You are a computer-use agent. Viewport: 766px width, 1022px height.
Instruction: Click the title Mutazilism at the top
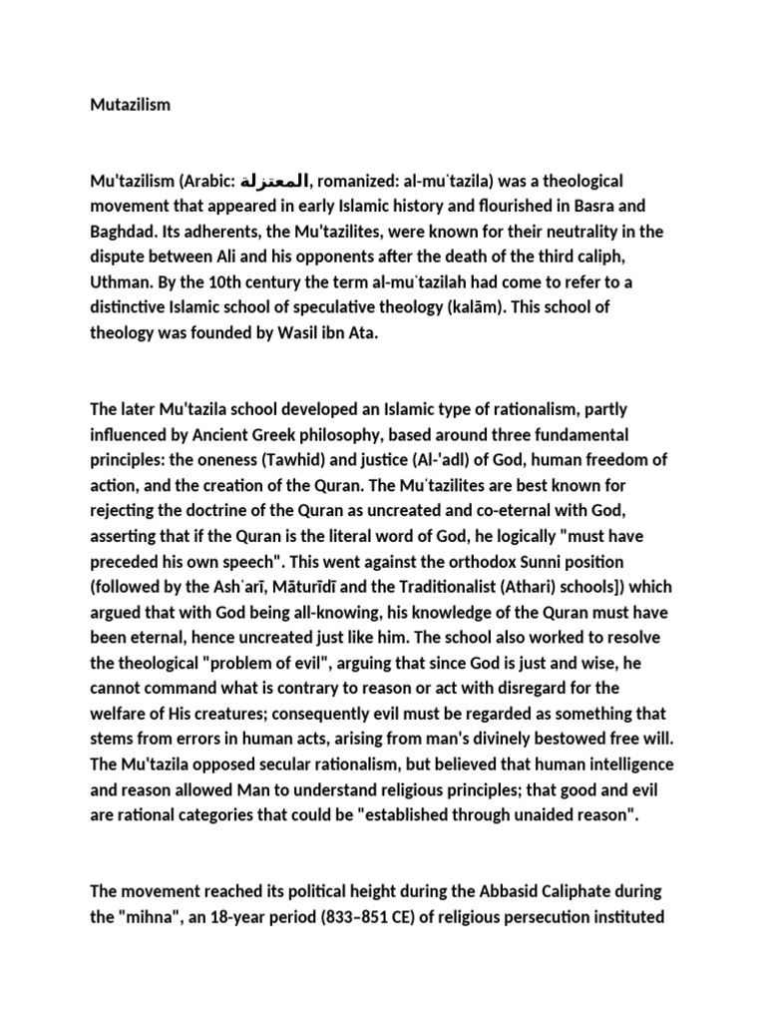coord(130,104)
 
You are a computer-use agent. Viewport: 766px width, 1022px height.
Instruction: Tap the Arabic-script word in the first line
coord(275,182)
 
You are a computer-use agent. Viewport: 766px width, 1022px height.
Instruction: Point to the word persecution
coord(570,915)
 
